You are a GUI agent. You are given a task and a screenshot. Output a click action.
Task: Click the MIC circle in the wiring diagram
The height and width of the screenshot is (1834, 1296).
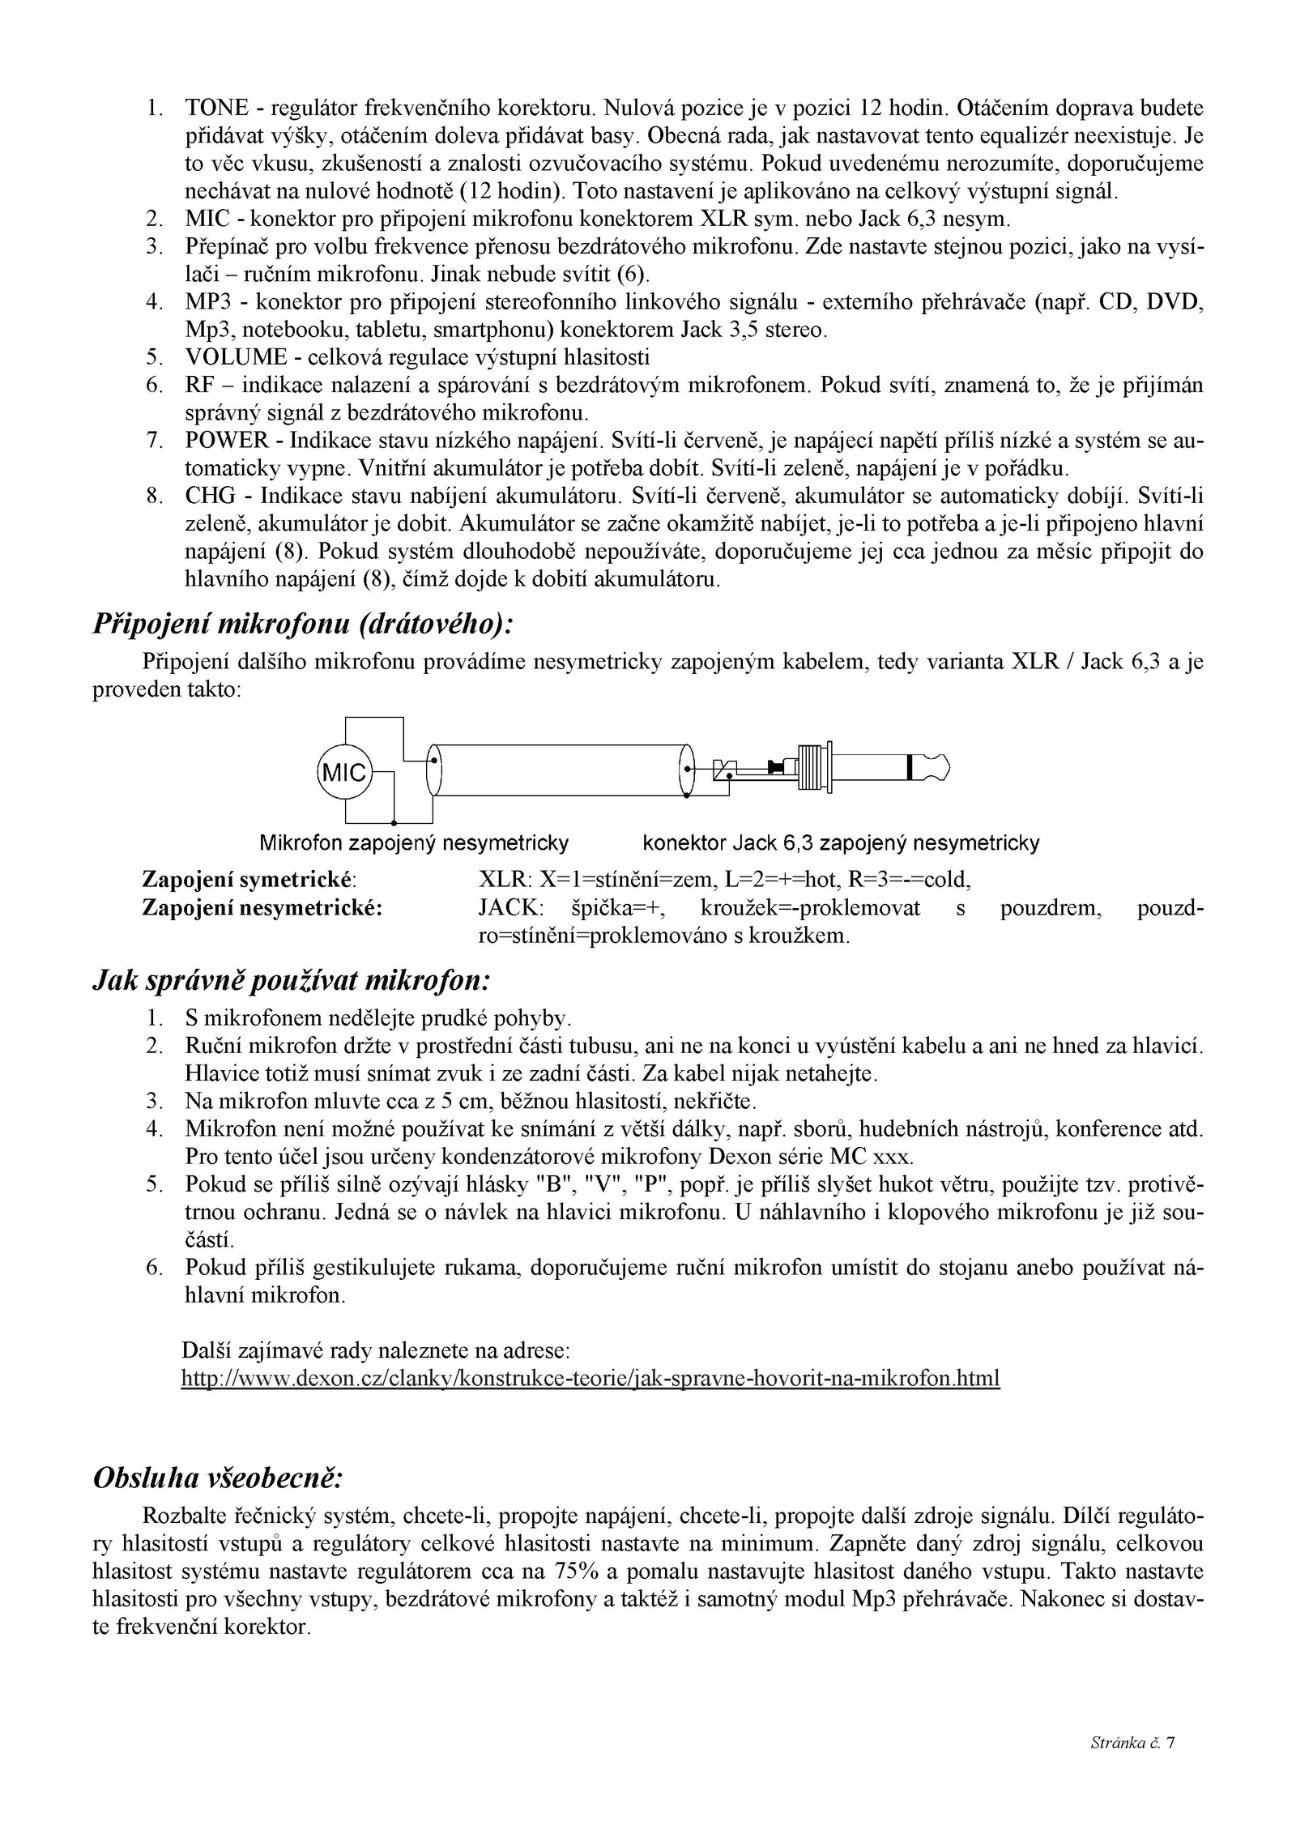(343, 772)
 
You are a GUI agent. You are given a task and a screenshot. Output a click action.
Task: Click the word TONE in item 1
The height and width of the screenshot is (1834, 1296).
(216, 109)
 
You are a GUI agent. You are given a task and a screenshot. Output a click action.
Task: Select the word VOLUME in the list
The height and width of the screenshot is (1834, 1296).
(236, 357)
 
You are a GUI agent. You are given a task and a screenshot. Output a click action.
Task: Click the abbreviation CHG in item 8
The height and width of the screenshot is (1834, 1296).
(208, 496)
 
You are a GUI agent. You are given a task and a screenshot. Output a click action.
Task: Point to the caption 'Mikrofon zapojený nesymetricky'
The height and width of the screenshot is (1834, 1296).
(414, 843)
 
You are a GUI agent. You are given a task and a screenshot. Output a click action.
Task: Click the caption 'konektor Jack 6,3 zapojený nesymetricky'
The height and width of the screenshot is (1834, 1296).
(841, 843)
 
